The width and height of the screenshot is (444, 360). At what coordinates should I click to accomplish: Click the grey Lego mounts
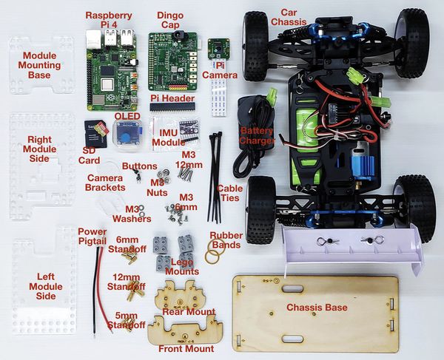(x=172, y=248)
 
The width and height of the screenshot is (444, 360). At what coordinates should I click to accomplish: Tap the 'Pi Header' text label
(x=172, y=98)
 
